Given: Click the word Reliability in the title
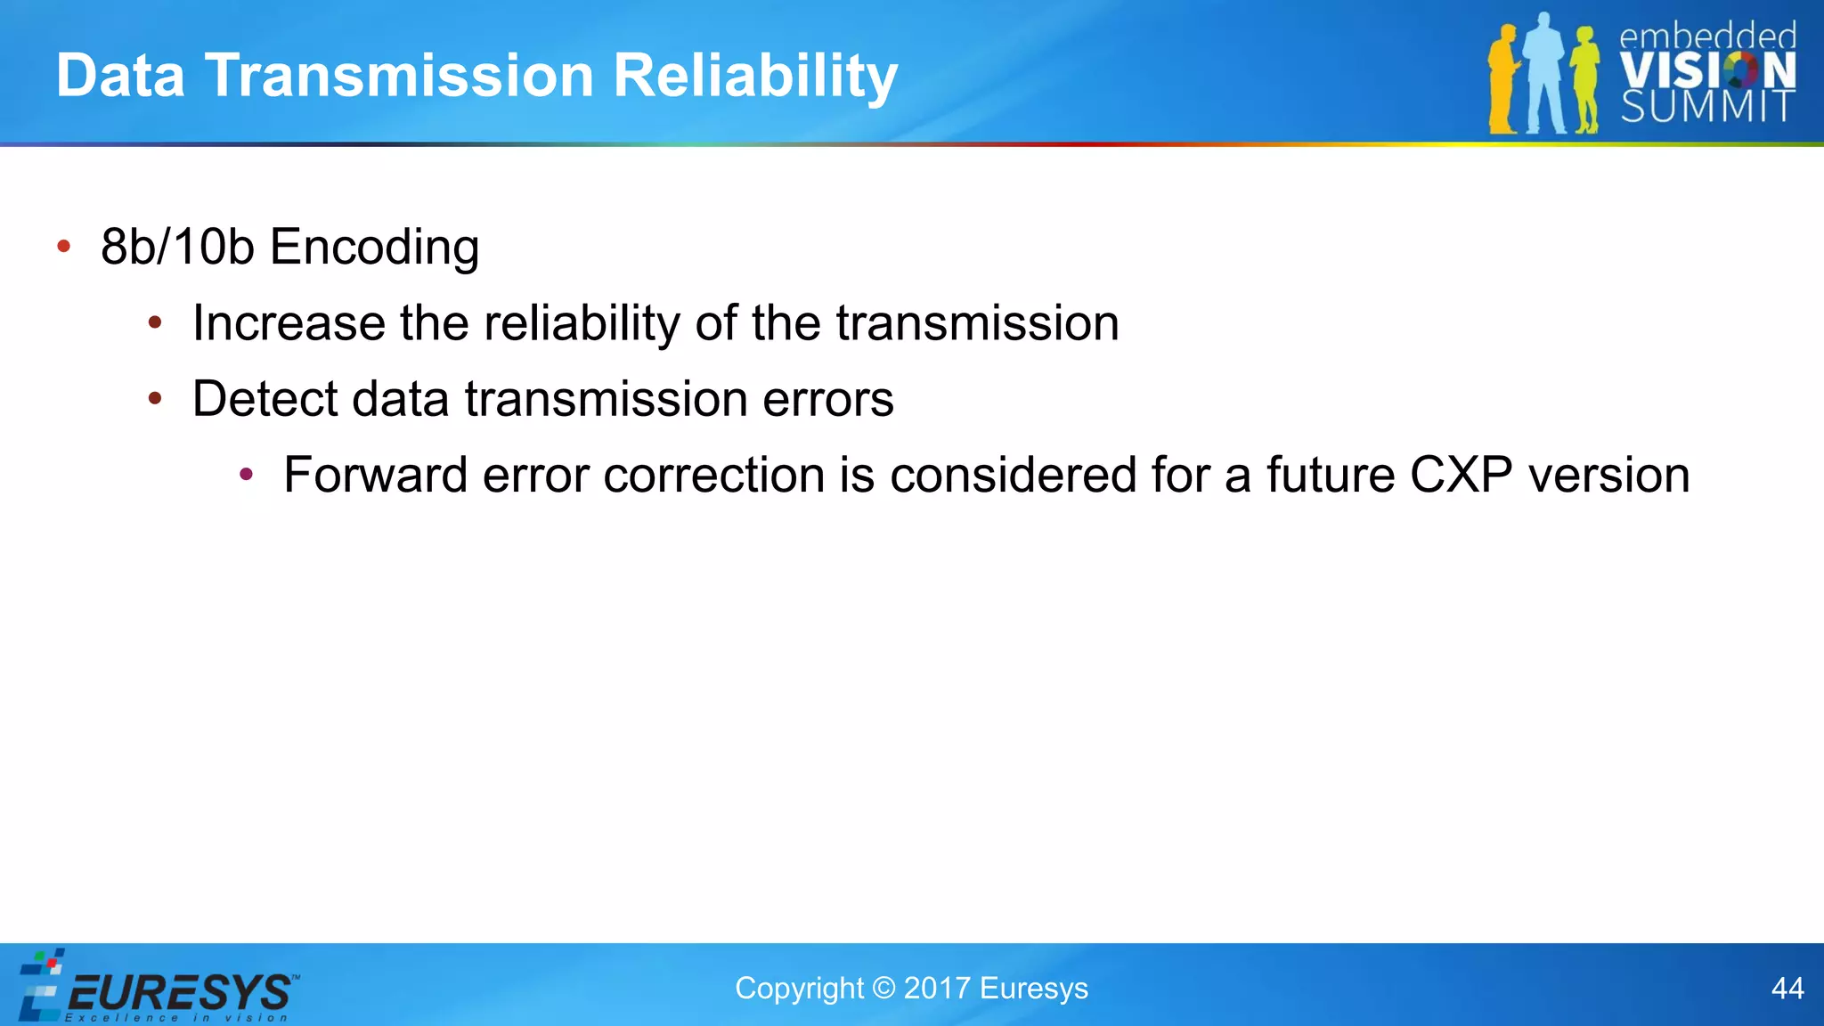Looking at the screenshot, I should coord(755,77).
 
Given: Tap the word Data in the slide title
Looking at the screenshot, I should coord(120,77).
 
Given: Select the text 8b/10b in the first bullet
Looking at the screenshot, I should coord(177,248).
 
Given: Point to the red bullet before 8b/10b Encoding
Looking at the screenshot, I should coord(63,247).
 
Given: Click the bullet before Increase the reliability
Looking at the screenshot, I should coord(155,323).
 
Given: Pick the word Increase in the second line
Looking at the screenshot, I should coord(289,323).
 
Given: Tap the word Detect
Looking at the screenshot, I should coord(265,399).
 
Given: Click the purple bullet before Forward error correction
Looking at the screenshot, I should coord(247,475).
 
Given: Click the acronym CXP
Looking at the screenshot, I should coord(1461,475).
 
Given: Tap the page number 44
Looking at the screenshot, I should coord(1787,989).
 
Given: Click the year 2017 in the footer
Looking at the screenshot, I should coord(936,989).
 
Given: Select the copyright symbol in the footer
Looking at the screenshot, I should coord(883,989).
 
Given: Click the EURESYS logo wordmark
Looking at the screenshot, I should coord(178,991).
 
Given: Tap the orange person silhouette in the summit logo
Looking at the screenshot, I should coord(1502,80).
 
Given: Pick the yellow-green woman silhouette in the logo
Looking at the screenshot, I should coord(1584,80).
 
